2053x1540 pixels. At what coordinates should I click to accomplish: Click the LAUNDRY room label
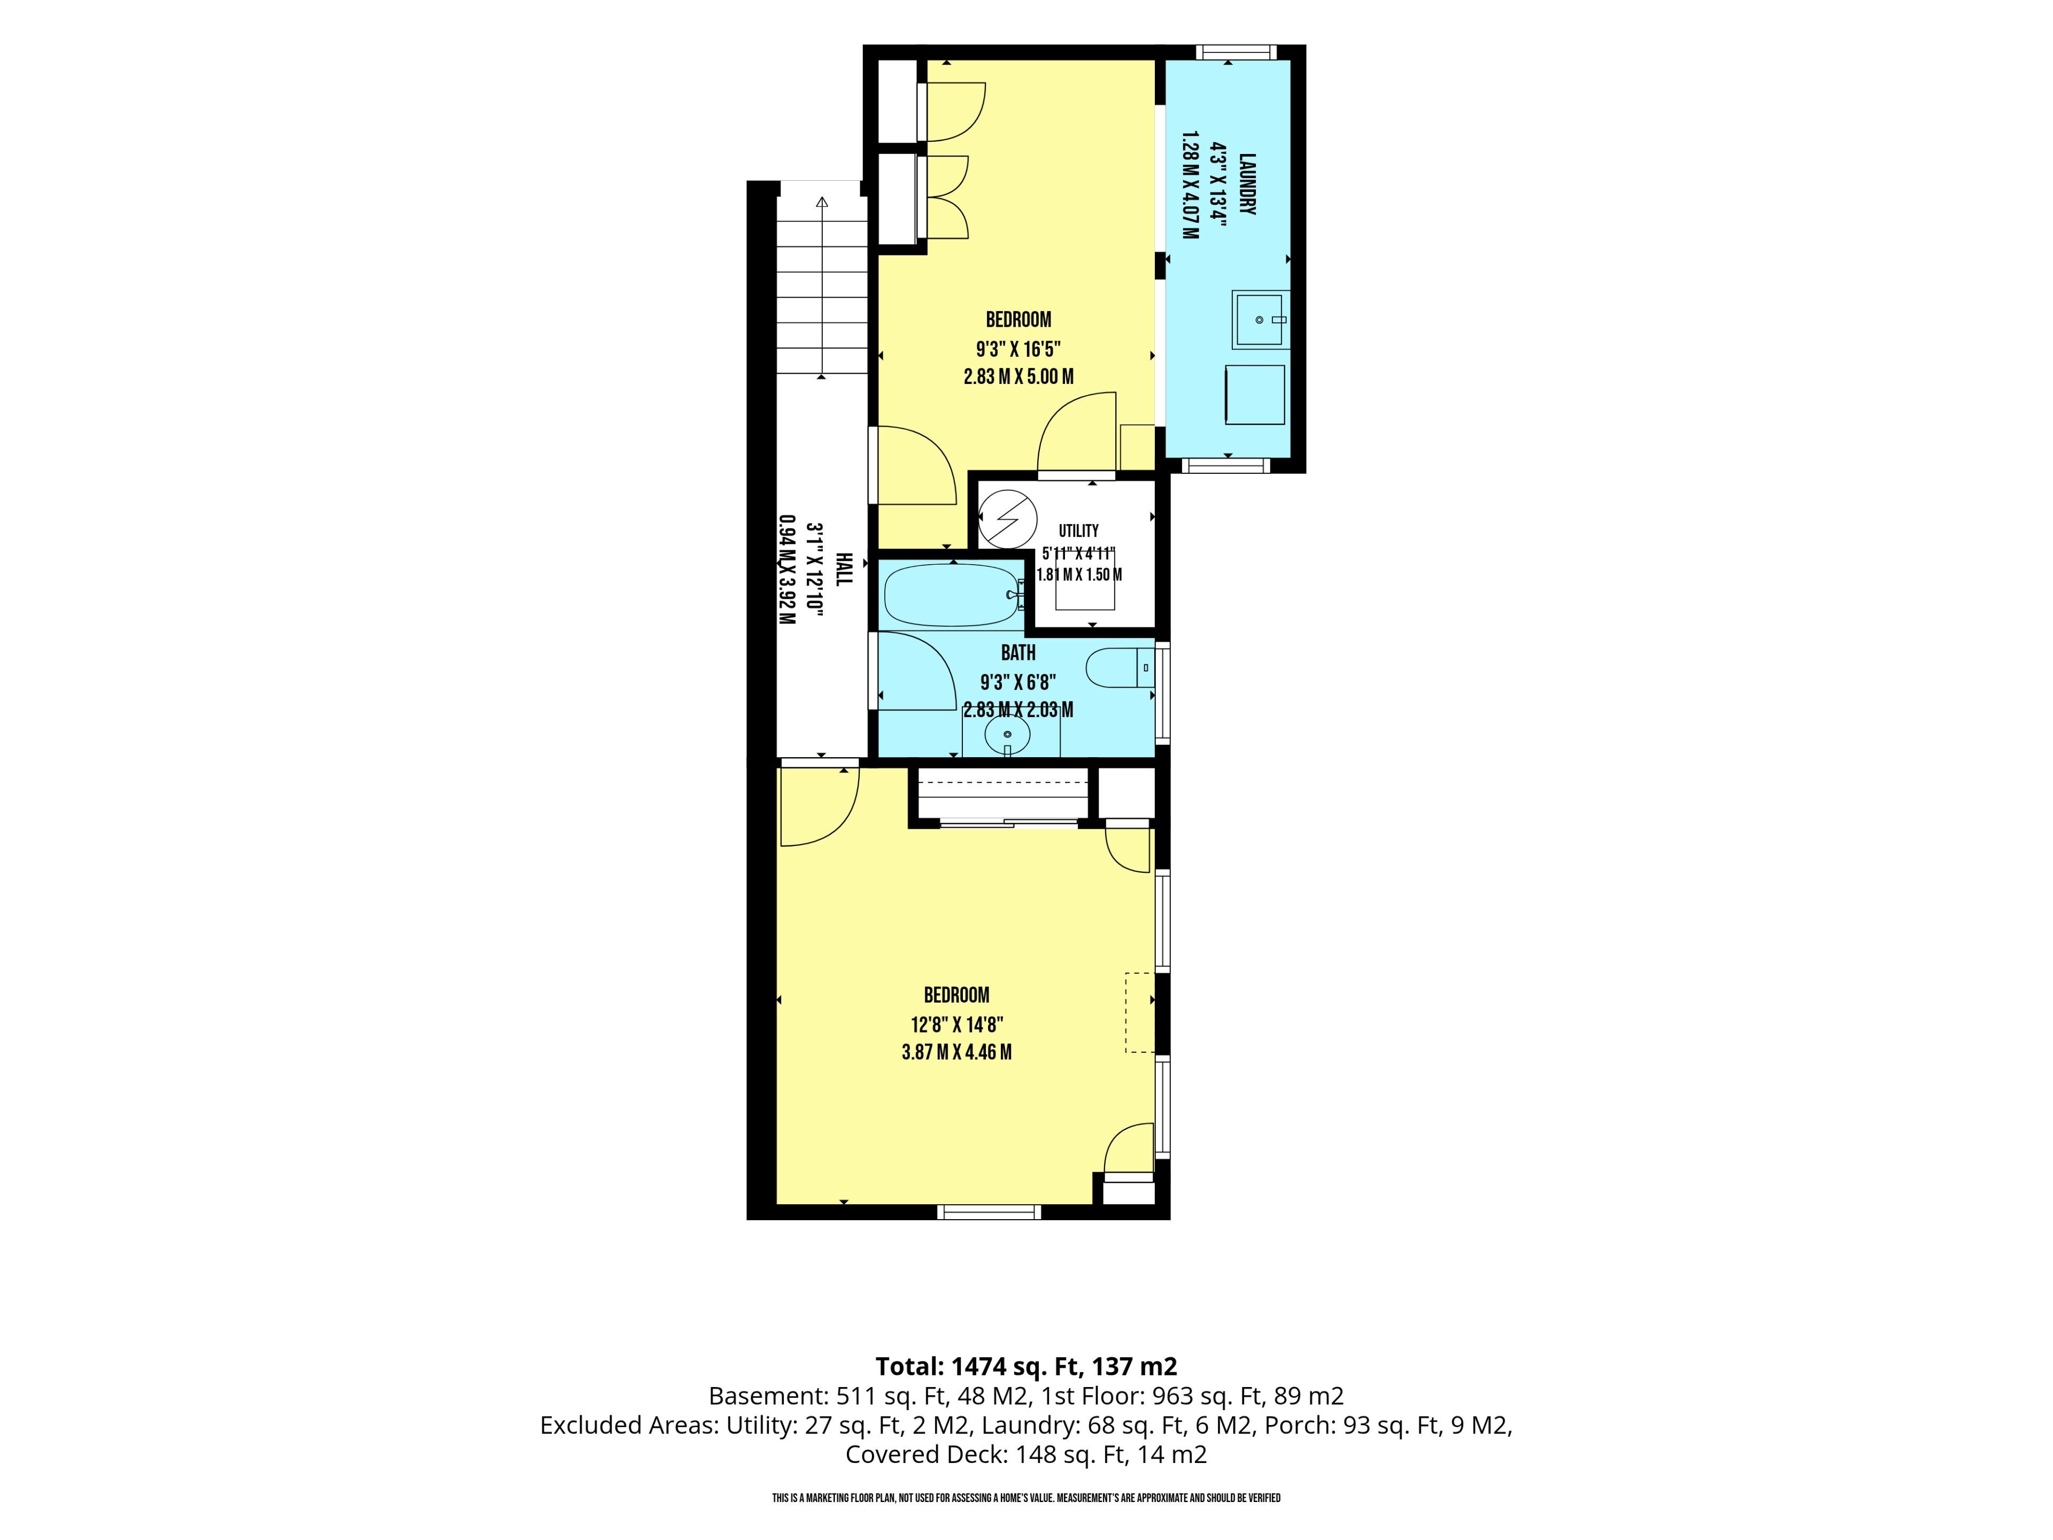(1247, 184)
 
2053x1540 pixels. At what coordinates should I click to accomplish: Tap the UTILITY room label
(1078, 531)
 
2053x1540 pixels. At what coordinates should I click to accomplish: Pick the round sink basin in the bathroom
(1008, 735)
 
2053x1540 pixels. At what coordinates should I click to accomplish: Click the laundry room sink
(1260, 319)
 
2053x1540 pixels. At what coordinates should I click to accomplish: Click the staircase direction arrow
(821, 288)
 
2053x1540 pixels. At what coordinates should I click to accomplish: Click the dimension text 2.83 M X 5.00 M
(1018, 377)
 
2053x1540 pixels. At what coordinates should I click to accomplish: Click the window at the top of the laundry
(1234, 52)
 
